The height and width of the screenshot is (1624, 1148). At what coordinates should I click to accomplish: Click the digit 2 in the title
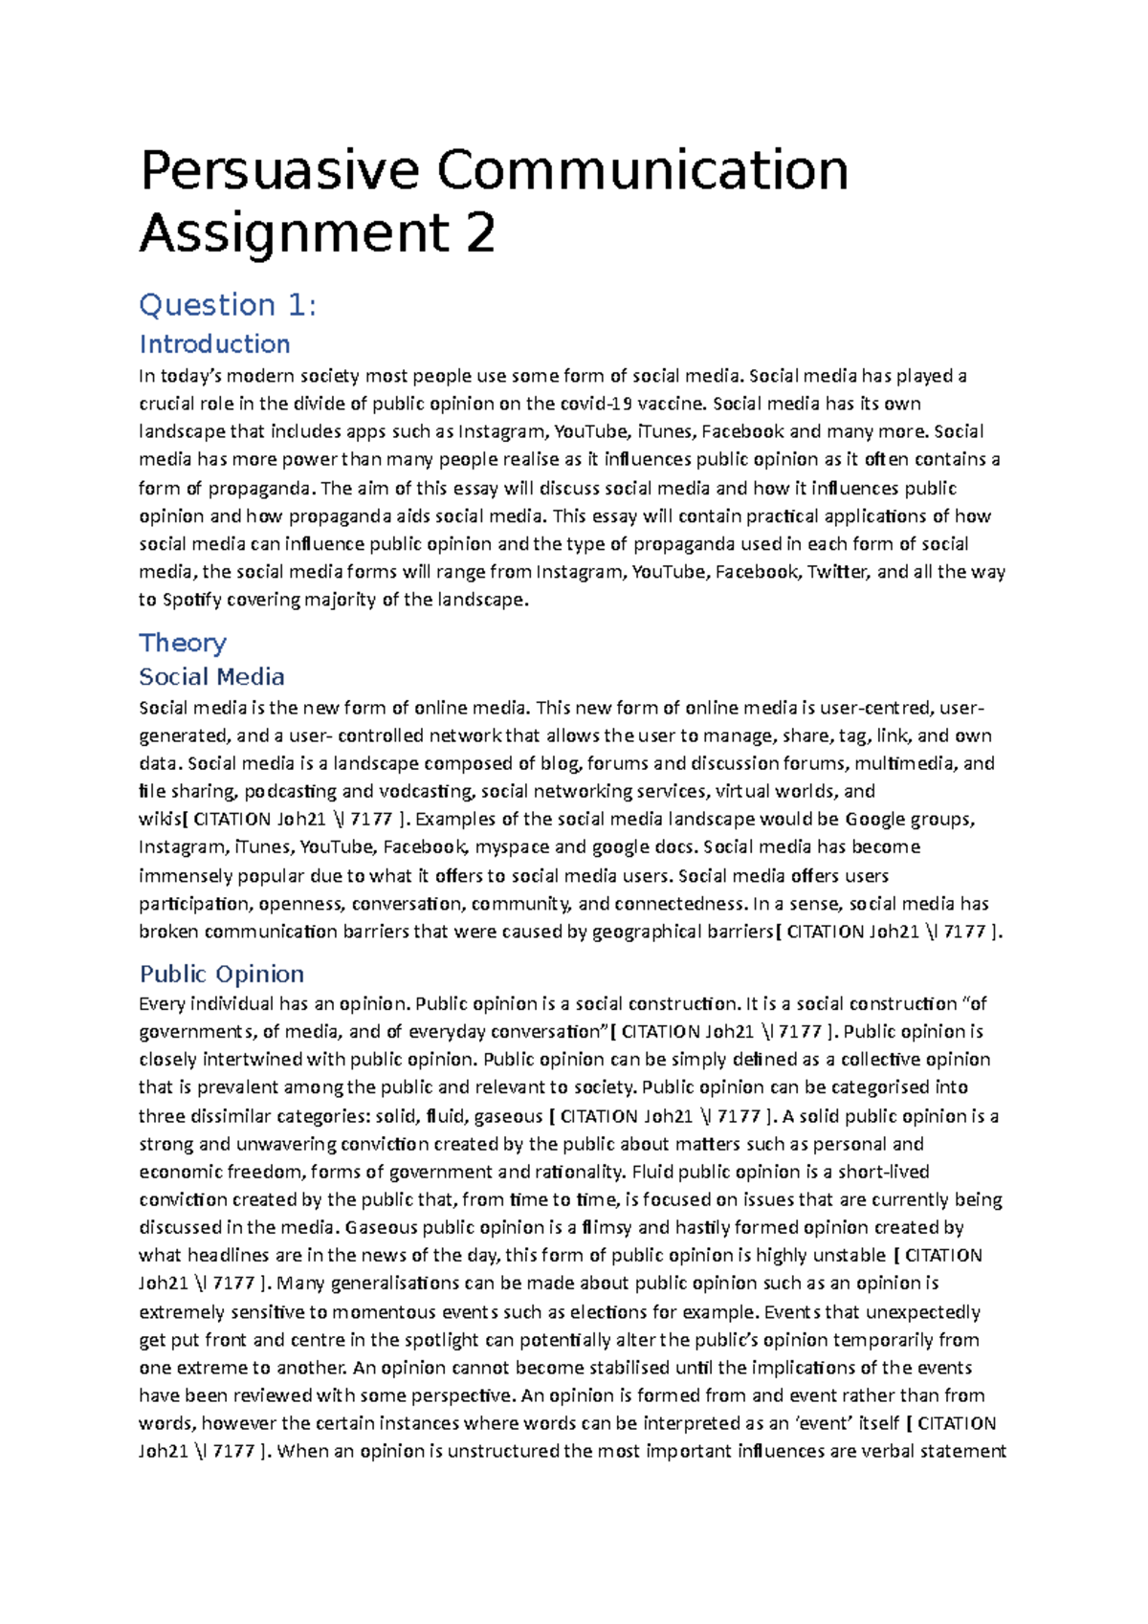point(480,233)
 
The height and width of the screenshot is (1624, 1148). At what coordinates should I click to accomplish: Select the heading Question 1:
point(228,305)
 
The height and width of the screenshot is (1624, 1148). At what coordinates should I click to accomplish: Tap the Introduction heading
point(214,343)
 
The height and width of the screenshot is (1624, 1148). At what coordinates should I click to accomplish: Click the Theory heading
point(183,642)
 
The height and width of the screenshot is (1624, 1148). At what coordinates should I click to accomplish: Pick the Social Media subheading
point(211,676)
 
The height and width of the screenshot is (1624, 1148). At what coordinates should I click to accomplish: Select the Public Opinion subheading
point(222,974)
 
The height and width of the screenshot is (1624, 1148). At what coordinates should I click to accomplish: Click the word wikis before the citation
point(159,819)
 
